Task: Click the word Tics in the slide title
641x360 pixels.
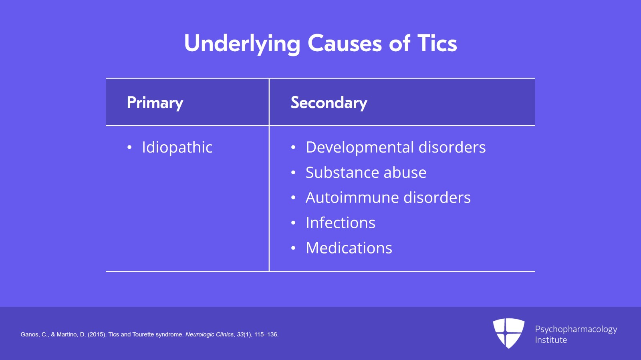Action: (437, 43)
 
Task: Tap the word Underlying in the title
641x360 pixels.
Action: (242, 43)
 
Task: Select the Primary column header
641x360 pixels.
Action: (155, 103)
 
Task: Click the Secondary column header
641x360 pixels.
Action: (329, 103)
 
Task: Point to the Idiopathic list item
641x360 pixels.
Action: (177, 147)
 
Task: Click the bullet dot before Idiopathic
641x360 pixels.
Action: (129, 148)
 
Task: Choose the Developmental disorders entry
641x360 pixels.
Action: (395, 147)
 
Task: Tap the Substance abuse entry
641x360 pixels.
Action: (366, 173)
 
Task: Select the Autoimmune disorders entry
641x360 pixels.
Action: (388, 197)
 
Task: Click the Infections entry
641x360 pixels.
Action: (340, 223)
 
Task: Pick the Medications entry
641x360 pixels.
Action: (349, 248)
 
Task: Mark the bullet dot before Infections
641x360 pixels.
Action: (293, 223)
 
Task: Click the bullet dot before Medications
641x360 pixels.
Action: (293, 248)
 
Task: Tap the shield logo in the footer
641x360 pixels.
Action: (508, 333)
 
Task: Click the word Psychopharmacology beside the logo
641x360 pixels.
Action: (576, 329)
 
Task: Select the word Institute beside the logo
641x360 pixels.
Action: (551, 340)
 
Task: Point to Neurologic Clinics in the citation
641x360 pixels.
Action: (209, 334)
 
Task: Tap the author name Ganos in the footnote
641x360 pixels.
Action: (29, 334)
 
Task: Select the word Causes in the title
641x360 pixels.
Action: (344, 43)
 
